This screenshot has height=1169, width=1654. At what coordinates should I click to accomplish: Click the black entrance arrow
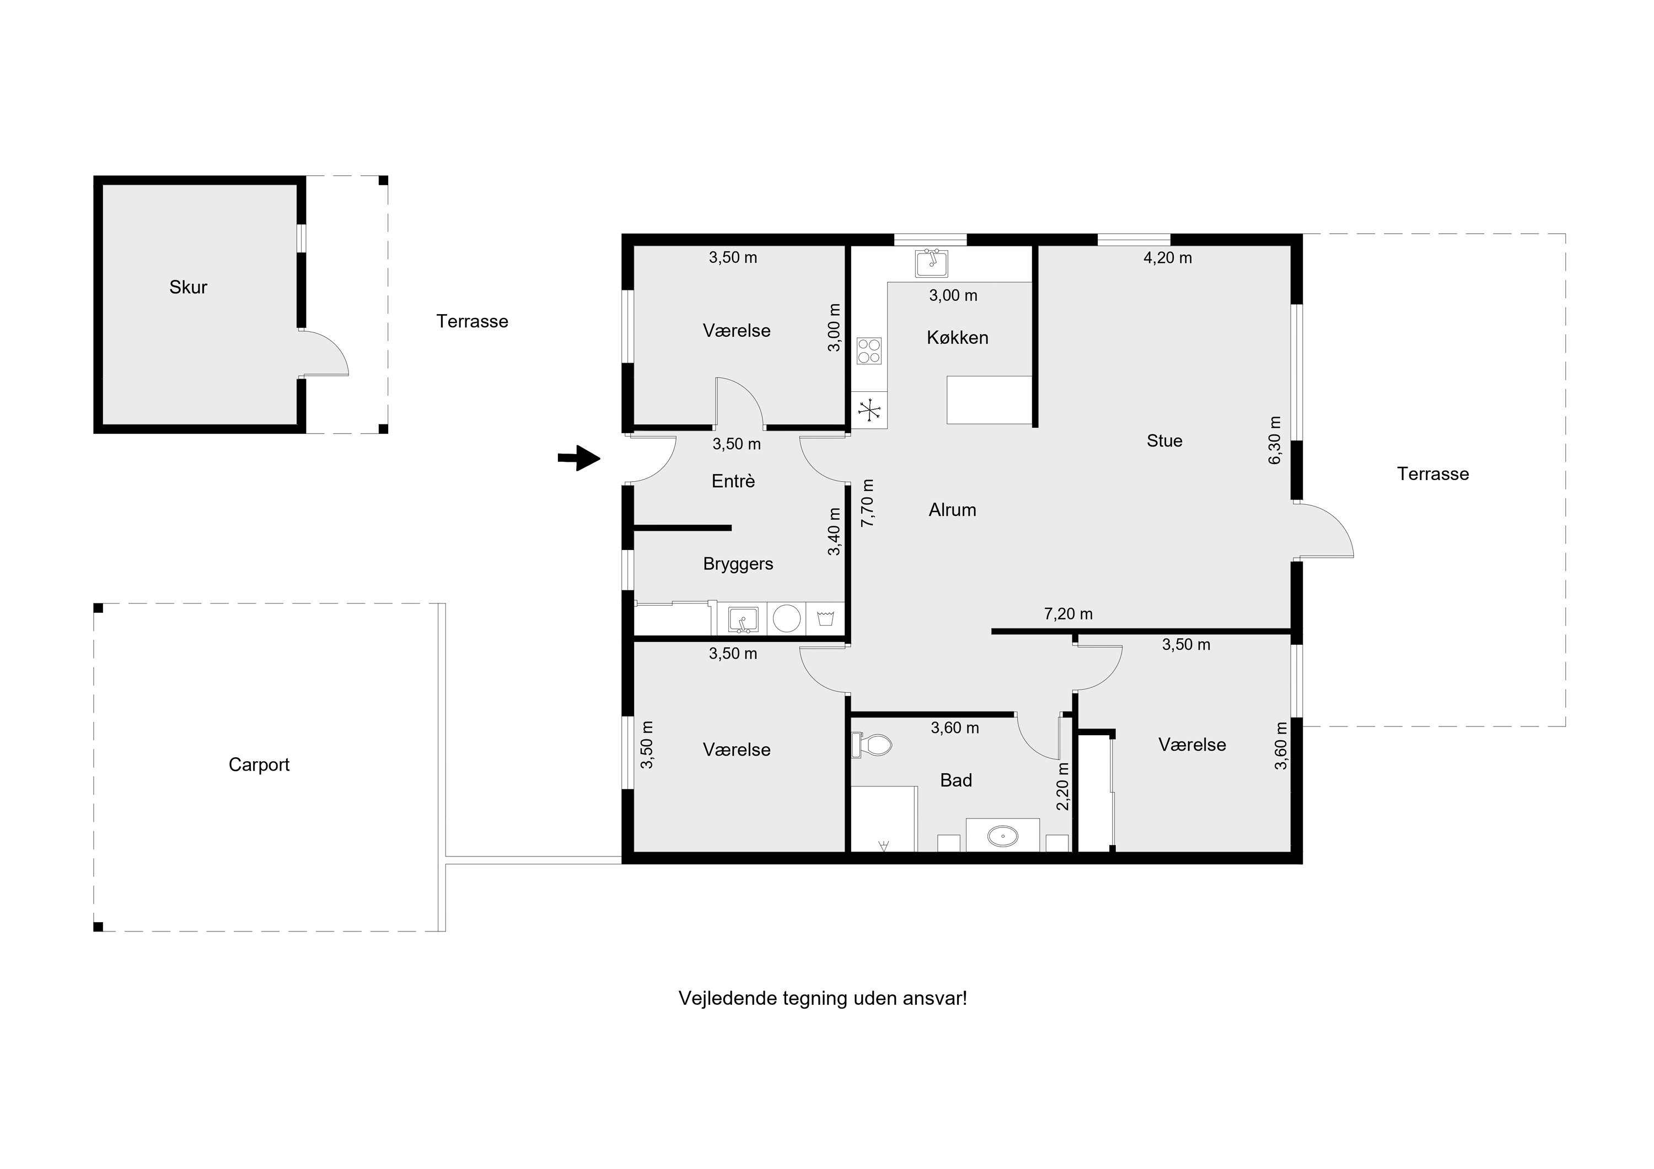click(578, 458)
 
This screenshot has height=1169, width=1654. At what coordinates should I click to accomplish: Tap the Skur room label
click(188, 287)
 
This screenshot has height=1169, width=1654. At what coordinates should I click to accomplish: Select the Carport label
click(259, 765)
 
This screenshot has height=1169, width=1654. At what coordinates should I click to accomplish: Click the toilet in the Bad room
click(871, 745)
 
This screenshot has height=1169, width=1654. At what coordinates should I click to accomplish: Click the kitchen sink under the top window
click(931, 263)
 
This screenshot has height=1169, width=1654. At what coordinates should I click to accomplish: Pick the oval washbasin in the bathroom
click(1002, 836)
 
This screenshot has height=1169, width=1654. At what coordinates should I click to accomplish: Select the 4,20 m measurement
click(1168, 258)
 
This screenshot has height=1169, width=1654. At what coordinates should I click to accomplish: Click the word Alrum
click(952, 510)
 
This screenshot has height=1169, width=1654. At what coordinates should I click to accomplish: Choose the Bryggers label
click(738, 564)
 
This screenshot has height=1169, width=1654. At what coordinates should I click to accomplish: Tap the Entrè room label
click(733, 481)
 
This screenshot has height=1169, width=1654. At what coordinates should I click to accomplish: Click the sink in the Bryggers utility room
click(743, 619)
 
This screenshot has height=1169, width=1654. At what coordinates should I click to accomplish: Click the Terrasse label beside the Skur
click(472, 321)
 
